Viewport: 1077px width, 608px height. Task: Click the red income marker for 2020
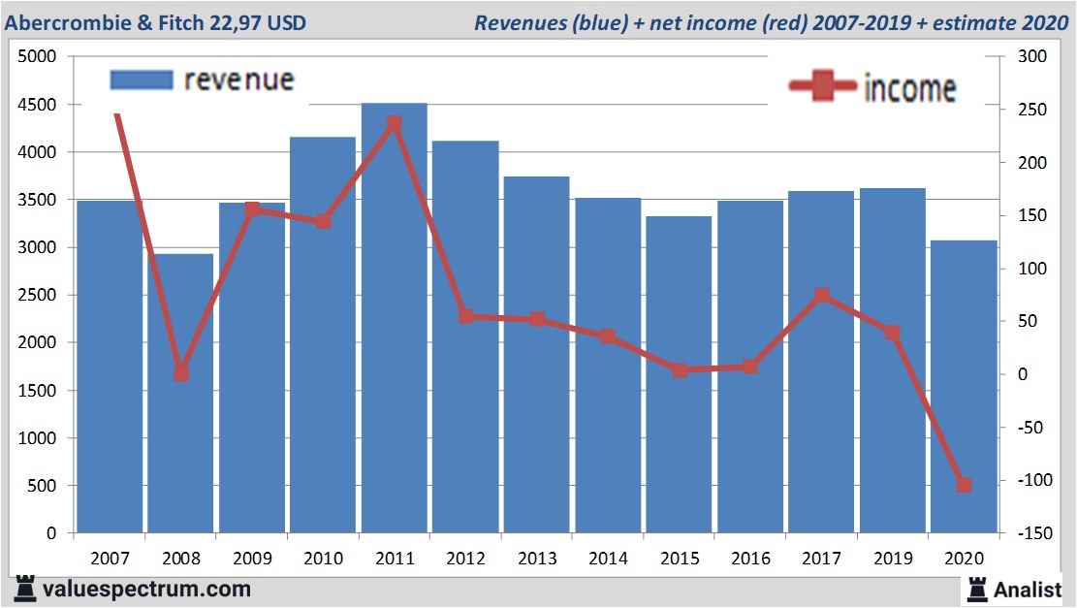pos(964,485)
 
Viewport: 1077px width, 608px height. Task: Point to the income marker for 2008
pos(180,373)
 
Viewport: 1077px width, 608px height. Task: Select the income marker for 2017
pos(821,296)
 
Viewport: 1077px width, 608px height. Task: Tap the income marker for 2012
pos(465,316)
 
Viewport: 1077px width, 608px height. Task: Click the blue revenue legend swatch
pos(141,80)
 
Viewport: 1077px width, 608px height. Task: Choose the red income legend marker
pos(822,87)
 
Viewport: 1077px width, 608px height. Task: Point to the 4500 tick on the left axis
pos(40,105)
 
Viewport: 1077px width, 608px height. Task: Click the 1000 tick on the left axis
pos(40,438)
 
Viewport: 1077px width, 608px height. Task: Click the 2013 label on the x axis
pos(537,559)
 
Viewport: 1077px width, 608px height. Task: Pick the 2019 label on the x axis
pos(893,559)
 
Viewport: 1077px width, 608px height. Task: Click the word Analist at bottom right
pos(1029,589)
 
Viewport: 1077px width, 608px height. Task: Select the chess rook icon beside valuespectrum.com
pos(21,589)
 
